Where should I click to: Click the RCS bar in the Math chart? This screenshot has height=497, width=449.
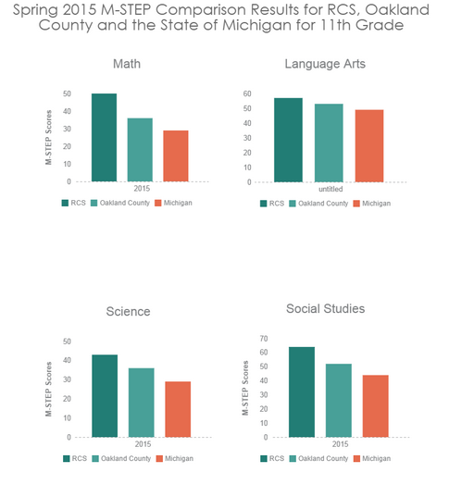pos(104,138)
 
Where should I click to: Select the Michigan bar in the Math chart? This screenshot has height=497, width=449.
pos(176,155)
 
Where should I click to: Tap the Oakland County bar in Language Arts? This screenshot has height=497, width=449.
pos(329,143)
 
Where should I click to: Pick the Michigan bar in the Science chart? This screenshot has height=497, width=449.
pos(178,409)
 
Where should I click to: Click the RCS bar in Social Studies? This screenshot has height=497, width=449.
pos(302,392)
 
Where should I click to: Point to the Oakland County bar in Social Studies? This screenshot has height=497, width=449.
pos(339,401)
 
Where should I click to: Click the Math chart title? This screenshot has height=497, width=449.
pos(127,64)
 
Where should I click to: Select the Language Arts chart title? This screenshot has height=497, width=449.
pos(325,64)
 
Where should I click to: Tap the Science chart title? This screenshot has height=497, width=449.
pos(128,311)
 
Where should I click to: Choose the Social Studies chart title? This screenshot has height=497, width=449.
pos(325,308)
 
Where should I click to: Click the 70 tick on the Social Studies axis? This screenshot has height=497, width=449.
pos(264,339)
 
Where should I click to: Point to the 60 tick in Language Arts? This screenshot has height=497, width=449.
pos(247,93)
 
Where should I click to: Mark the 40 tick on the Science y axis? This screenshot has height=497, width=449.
pos(67,360)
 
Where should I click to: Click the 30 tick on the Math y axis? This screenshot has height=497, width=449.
pos(67,129)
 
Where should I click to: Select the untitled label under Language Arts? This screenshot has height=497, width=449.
pos(331,189)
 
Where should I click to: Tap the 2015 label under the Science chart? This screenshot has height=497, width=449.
pos(143,444)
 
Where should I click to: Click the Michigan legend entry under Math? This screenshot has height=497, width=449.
pos(174,203)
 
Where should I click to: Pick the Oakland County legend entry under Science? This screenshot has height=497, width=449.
pos(122,458)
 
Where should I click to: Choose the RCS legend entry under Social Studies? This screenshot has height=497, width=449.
pos(272,458)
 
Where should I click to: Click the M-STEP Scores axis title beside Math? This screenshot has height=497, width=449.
pos(48,137)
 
